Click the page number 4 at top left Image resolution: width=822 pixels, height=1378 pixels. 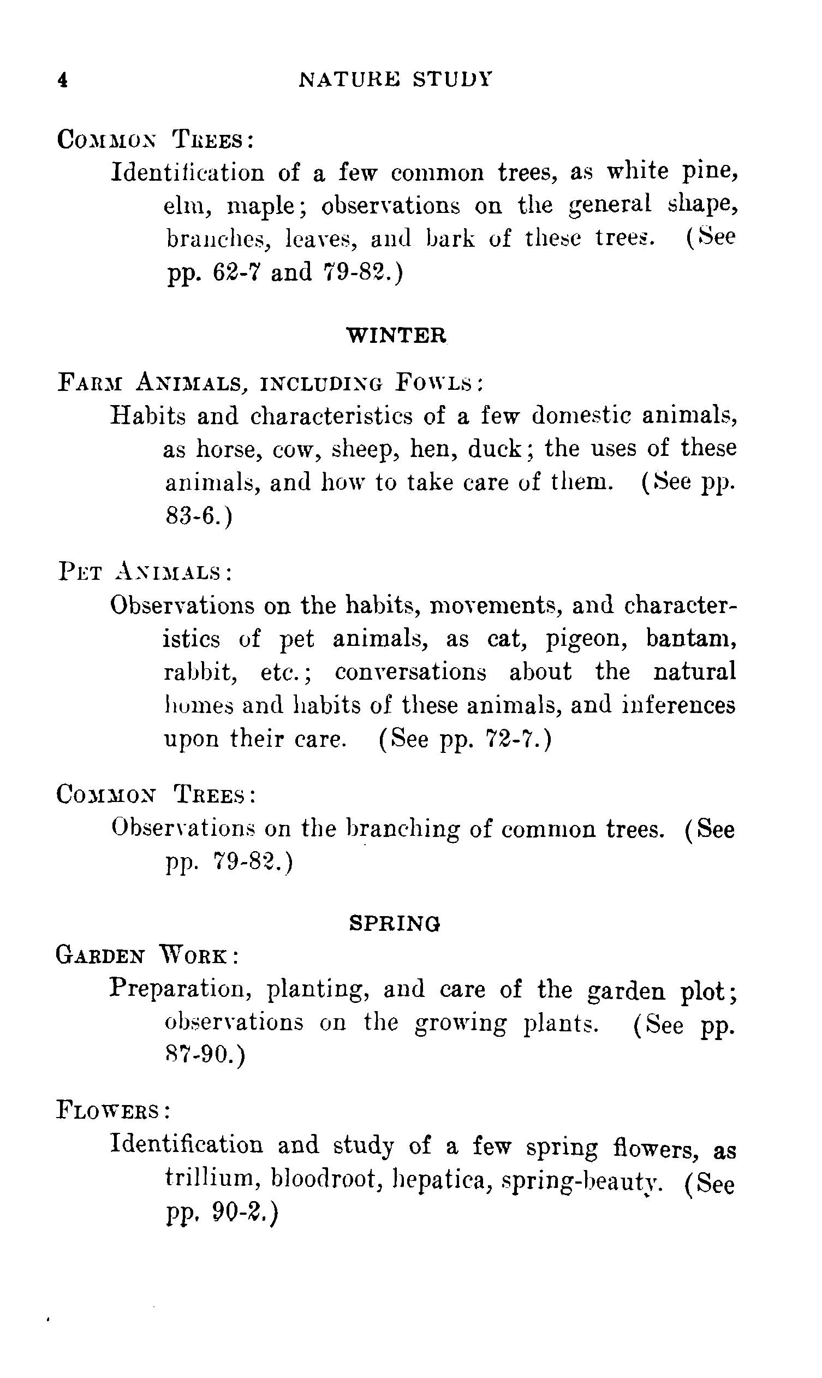63,80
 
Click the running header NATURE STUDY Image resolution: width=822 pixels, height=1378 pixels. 395,80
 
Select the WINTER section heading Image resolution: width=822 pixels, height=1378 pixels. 396,335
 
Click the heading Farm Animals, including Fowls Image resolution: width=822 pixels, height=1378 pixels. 271,383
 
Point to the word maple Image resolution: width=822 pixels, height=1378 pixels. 263,206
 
